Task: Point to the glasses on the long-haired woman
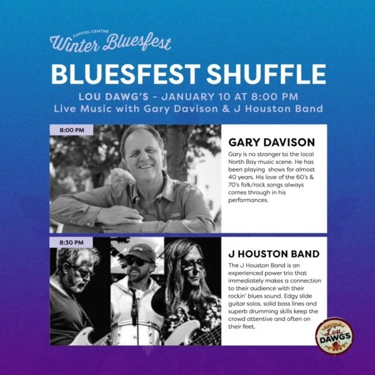(192, 265)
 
